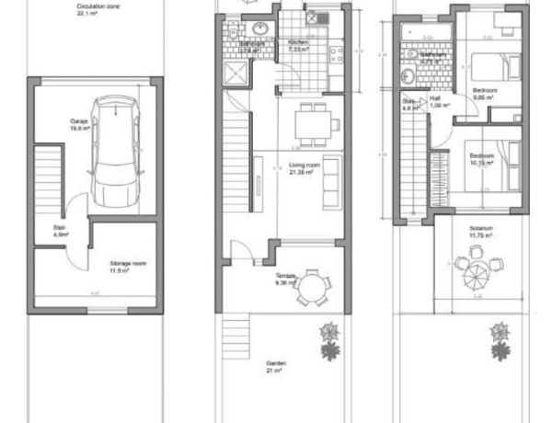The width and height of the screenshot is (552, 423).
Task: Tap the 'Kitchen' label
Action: (x=298, y=43)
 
